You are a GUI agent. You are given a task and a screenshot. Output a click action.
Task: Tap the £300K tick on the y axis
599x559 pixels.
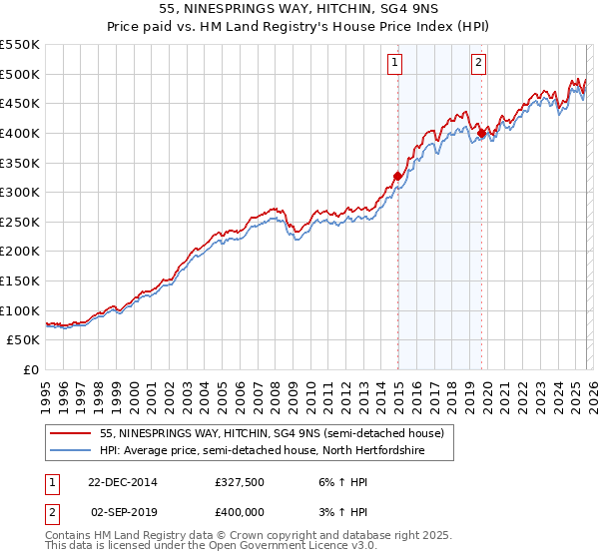tap(19, 192)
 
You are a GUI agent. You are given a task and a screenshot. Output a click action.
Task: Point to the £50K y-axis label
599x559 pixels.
tap(23, 340)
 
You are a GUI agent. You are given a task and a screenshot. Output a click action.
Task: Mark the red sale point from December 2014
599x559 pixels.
tap(397, 176)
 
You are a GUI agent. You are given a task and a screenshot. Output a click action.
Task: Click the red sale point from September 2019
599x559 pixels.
tap(481, 132)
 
